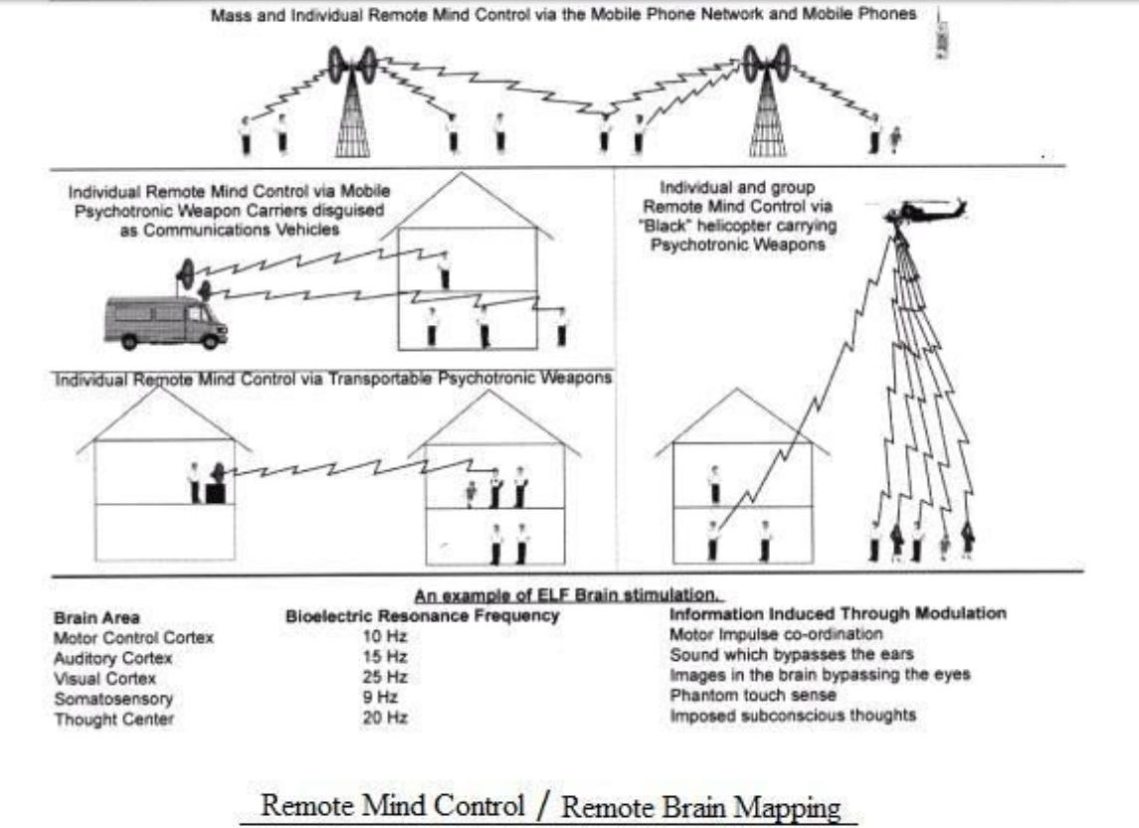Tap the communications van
[x=165, y=321]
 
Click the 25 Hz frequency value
[x=384, y=677]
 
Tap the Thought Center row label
[x=113, y=718]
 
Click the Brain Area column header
[x=96, y=618]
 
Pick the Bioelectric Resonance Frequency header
[x=422, y=616]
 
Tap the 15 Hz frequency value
[x=384, y=657]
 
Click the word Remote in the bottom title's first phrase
[x=296, y=806]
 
